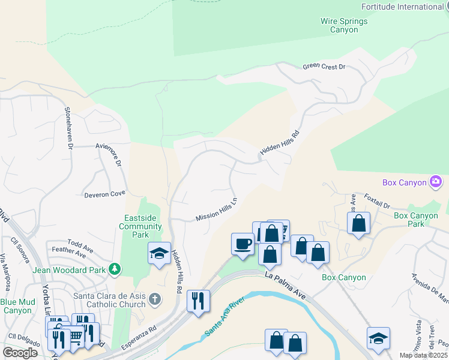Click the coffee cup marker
coord(243,244)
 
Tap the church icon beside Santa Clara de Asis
coord(155,299)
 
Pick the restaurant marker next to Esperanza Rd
coord(199,300)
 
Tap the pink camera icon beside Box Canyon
coord(436,182)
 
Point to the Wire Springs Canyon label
coord(344,25)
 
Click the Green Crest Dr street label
coord(324,67)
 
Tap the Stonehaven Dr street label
coord(70,128)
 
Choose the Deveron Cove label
coord(104,194)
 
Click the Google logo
coord(20,352)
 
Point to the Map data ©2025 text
coord(423,355)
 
